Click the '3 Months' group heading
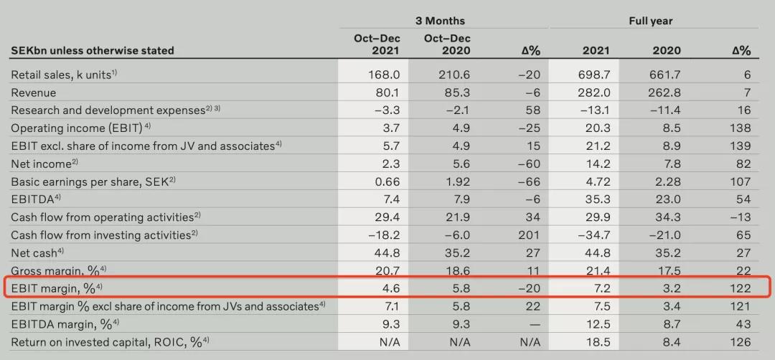[440, 21]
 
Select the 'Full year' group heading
[651, 21]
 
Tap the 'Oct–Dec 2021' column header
[377, 44]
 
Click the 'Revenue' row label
[33, 93]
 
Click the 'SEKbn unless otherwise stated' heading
[92, 51]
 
